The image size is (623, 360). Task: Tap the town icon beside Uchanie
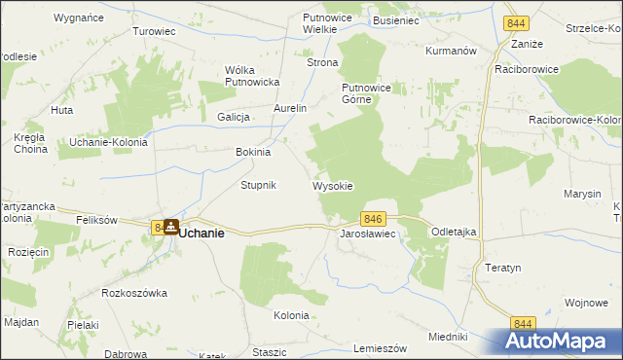[171, 227]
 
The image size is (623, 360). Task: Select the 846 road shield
[376, 220]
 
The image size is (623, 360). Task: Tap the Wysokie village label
[332, 186]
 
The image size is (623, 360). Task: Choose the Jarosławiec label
[366, 235]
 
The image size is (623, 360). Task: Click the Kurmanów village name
[450, 50]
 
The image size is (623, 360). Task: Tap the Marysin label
[582, 194]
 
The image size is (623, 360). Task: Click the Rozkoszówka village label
[134, 293]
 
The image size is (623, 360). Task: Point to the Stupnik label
[259, 185]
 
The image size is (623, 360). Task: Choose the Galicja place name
[235, 117]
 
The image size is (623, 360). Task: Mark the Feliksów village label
[97, 220]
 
